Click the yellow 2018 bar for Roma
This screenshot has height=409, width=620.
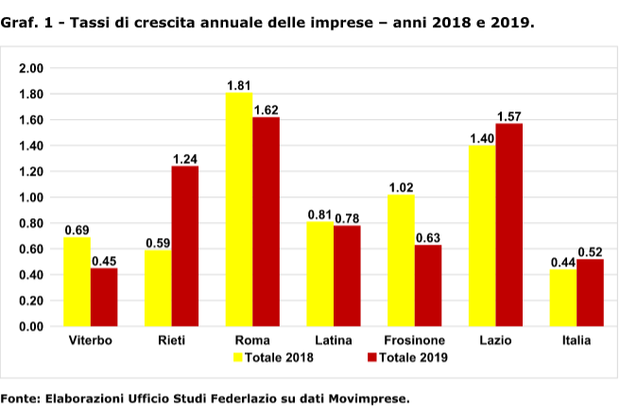pos(239,210)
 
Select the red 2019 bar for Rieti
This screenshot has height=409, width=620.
pos(184,247)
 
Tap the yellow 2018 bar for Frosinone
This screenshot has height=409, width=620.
pos(401,261)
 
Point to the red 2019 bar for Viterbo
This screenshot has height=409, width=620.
pos(104,298)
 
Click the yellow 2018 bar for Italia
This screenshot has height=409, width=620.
pos(562,298)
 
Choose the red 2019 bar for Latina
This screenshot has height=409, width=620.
pos(347,276)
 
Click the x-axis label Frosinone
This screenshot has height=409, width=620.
pos(415,340)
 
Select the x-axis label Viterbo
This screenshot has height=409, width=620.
pos(91,340)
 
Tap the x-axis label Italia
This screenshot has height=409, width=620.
pos(576,340)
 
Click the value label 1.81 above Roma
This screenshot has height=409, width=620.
pos(239,85)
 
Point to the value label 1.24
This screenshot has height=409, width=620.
pos(185,159)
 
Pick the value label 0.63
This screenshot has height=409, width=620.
pos(428,237)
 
